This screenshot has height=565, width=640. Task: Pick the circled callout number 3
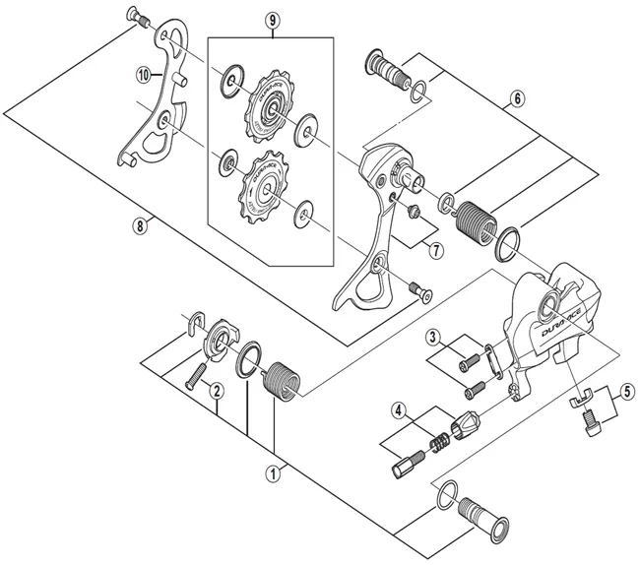[432, 338]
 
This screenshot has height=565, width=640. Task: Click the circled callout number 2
[219, 391]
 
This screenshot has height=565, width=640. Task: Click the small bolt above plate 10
[138, 15]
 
